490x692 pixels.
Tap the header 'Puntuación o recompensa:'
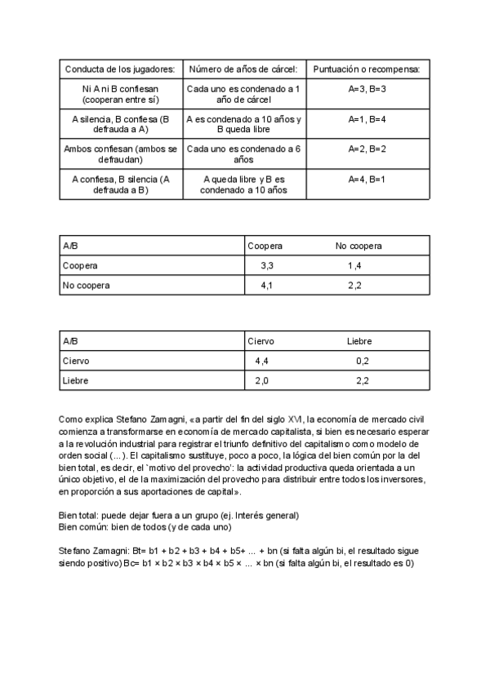point(367,69)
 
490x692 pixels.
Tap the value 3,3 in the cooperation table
point(266,266)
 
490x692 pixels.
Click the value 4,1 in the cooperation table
point(266,286)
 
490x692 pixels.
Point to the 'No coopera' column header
point(359,246)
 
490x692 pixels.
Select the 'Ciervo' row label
point(76,361)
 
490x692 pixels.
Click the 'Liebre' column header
point(359,340)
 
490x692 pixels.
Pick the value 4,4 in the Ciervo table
point(262,361)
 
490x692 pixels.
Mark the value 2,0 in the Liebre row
point(262,380)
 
